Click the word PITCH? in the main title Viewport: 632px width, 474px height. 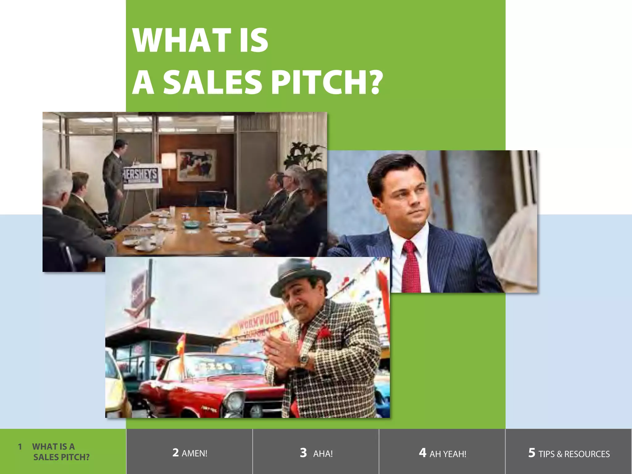[327, 82]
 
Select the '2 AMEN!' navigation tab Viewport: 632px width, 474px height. [189, 453]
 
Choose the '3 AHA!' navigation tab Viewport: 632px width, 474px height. [316, 453]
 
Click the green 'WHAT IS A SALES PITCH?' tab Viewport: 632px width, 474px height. [54, 451]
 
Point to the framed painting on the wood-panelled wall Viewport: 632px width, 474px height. [197, 165]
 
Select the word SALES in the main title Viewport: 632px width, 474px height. [213, 82]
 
